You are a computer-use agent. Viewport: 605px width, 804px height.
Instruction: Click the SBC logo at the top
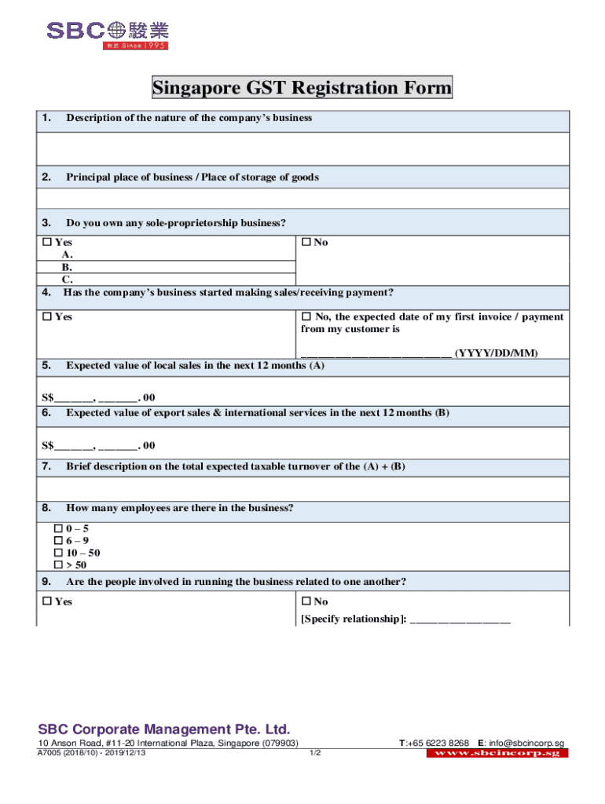tap(107, 33)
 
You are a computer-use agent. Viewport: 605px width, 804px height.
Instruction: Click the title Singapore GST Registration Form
tap(302, 88)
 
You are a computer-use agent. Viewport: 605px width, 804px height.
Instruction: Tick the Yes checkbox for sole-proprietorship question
tap(47, 243)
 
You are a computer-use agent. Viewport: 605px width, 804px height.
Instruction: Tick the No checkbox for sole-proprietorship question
tap(306, 243)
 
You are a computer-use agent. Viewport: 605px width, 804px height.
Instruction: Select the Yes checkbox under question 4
tap(47, 316)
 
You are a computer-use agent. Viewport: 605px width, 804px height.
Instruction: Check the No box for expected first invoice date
tap(306, 316)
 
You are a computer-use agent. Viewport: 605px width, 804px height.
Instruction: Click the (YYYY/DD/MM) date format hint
tap(497, 353)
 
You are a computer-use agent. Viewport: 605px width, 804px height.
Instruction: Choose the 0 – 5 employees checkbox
tap(58, 529)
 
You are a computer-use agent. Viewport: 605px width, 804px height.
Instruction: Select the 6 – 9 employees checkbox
tap(58, 541)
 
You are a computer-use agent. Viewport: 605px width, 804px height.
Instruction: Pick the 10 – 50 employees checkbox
tap(58, 553)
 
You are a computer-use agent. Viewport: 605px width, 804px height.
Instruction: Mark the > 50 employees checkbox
tap(58, 565)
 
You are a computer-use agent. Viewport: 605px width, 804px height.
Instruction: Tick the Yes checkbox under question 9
tap(47, 601)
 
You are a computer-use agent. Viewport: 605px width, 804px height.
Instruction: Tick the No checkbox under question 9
tap(306, 601)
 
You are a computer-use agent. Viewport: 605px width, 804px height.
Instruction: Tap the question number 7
tap(46, 466)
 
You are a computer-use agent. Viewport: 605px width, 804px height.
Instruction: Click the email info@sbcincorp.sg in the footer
tap(526, 744)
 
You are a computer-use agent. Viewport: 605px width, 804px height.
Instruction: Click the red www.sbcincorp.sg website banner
tap(497, 753)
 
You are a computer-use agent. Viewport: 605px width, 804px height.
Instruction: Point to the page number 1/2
tap(315, 753)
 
